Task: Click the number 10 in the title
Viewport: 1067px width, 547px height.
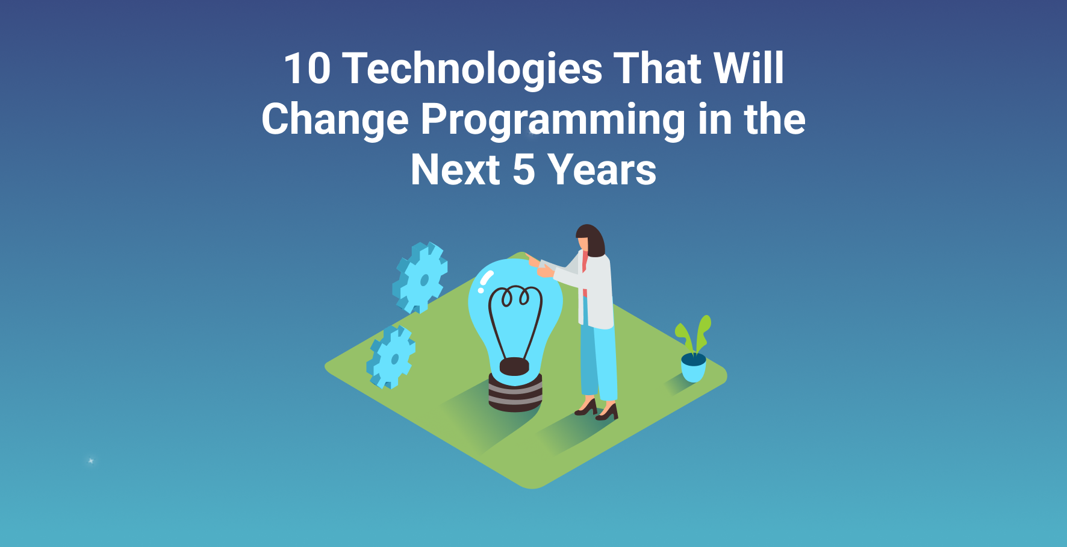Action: point(307,68)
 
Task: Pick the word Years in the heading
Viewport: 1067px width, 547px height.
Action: point(602,170)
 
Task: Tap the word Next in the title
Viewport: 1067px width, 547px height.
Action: point(455,170)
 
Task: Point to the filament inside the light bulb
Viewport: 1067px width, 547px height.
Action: point(515,322)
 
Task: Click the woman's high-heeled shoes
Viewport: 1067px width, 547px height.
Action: point(597,410)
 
